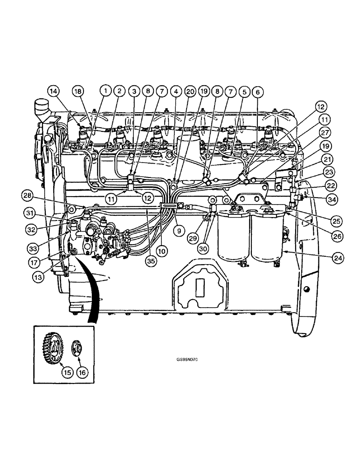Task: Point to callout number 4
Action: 176,92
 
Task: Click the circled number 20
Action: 190,92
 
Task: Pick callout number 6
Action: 256,92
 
